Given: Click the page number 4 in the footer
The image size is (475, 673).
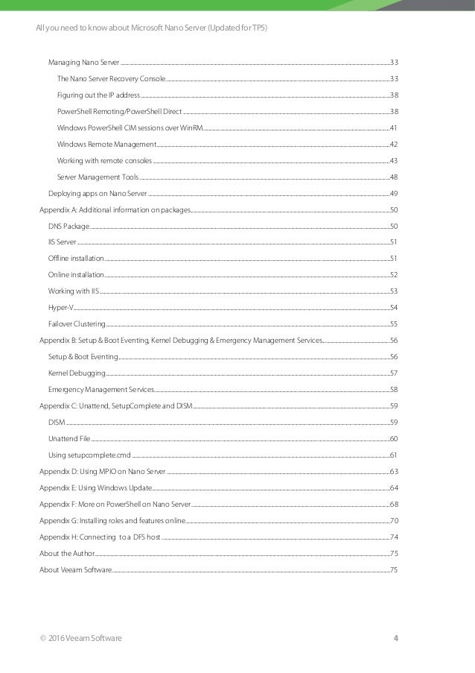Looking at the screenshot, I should (395, 638).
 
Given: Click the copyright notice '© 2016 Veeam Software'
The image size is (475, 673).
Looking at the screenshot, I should (81, 638).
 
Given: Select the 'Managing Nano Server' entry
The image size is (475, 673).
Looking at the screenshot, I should (83, 62).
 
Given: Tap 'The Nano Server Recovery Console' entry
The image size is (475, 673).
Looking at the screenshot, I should (111, 78).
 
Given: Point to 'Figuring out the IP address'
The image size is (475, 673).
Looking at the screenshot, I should (98, 95).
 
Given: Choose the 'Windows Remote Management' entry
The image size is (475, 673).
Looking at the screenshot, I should (106, 144).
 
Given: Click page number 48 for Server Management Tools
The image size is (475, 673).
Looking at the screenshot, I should (393, 177).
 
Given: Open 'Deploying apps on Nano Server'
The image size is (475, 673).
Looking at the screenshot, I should (98, 194).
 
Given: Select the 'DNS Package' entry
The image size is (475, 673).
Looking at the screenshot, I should (68, 226).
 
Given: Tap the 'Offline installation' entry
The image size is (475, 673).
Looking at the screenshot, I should (76, 259).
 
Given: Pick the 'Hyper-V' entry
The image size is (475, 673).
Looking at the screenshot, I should (60, 308).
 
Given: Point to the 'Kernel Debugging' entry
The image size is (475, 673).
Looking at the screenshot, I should (77, 373).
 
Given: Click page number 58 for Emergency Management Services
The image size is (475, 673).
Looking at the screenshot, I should (393, 390).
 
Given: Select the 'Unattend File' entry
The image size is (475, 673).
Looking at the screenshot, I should (69, 439).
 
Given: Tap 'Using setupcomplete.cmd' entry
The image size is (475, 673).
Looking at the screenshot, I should (89, 455).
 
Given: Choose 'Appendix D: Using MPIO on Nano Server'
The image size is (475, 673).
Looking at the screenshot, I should (103, 472).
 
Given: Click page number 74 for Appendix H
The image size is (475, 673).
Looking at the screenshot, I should (394, 537).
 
